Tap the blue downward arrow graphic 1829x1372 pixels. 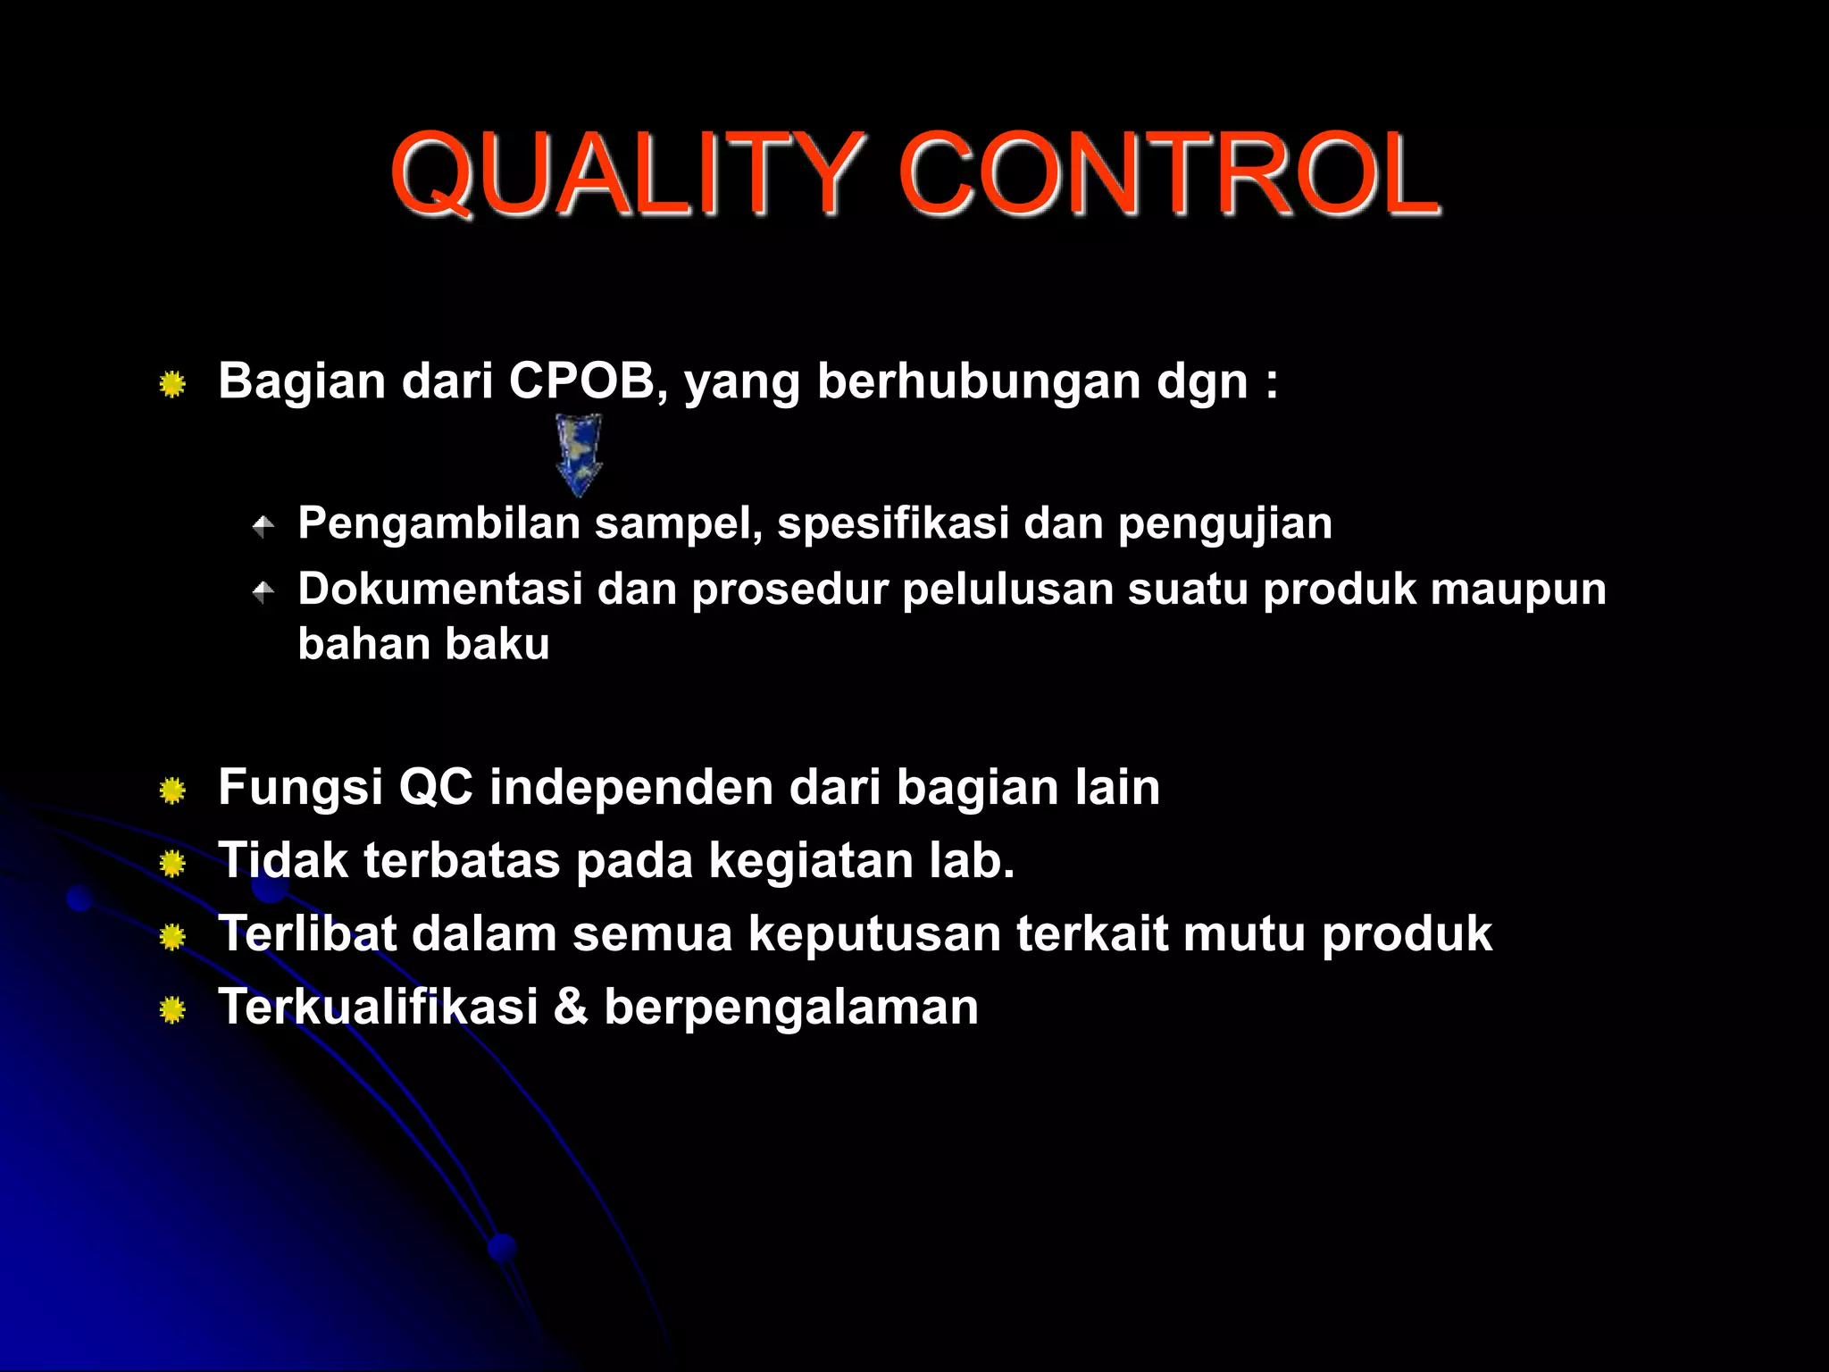coord(579,454)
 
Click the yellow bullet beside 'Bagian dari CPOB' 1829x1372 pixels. coord(172,385)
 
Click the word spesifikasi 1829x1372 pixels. coord(893,523)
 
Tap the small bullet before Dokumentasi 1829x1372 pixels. coord(263,591)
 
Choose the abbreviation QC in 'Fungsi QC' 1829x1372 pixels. coord(436,787)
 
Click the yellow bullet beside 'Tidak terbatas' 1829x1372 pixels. coord(172,864)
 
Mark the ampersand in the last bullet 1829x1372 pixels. coord(571,1007)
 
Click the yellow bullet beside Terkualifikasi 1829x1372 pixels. coord(172,1010)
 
